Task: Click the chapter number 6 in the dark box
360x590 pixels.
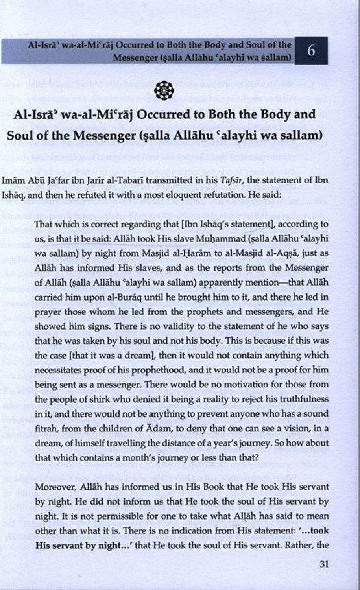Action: point(311,51)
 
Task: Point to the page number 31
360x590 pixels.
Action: point(324,564)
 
